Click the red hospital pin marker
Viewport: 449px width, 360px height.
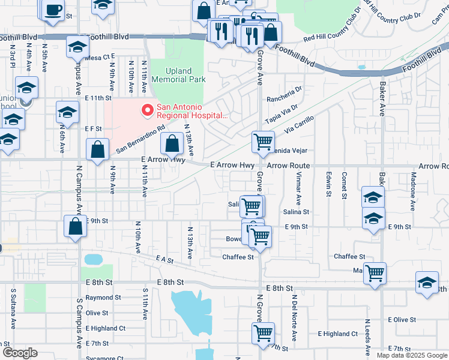145,110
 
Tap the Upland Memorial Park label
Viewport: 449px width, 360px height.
178,75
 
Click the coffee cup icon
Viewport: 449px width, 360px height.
53,11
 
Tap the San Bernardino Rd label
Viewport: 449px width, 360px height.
140,139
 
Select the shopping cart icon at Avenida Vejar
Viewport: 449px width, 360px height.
262,142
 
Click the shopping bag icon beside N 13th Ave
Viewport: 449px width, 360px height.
172,144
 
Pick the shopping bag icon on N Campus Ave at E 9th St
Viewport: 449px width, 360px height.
75,227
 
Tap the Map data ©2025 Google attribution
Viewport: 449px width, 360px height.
412,355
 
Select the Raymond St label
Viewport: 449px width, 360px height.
103,297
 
